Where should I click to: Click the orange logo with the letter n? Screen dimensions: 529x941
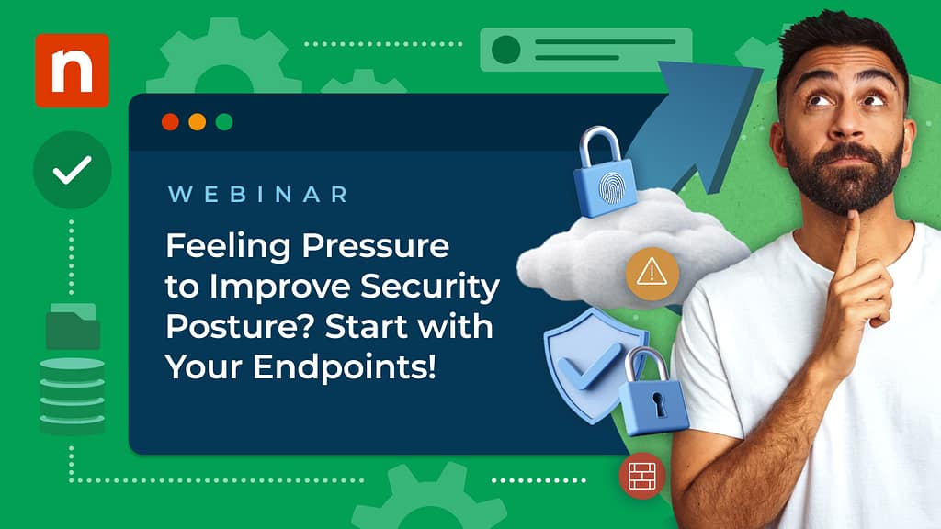tap(72, 70)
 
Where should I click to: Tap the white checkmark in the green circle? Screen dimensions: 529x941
tap(72, 170)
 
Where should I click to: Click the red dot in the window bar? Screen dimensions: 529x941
tap(169, 122)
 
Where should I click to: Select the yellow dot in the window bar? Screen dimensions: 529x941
tap(197, 122)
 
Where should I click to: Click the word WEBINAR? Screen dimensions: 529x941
tap(258, 195)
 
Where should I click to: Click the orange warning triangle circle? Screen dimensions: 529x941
tap(652, 271)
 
